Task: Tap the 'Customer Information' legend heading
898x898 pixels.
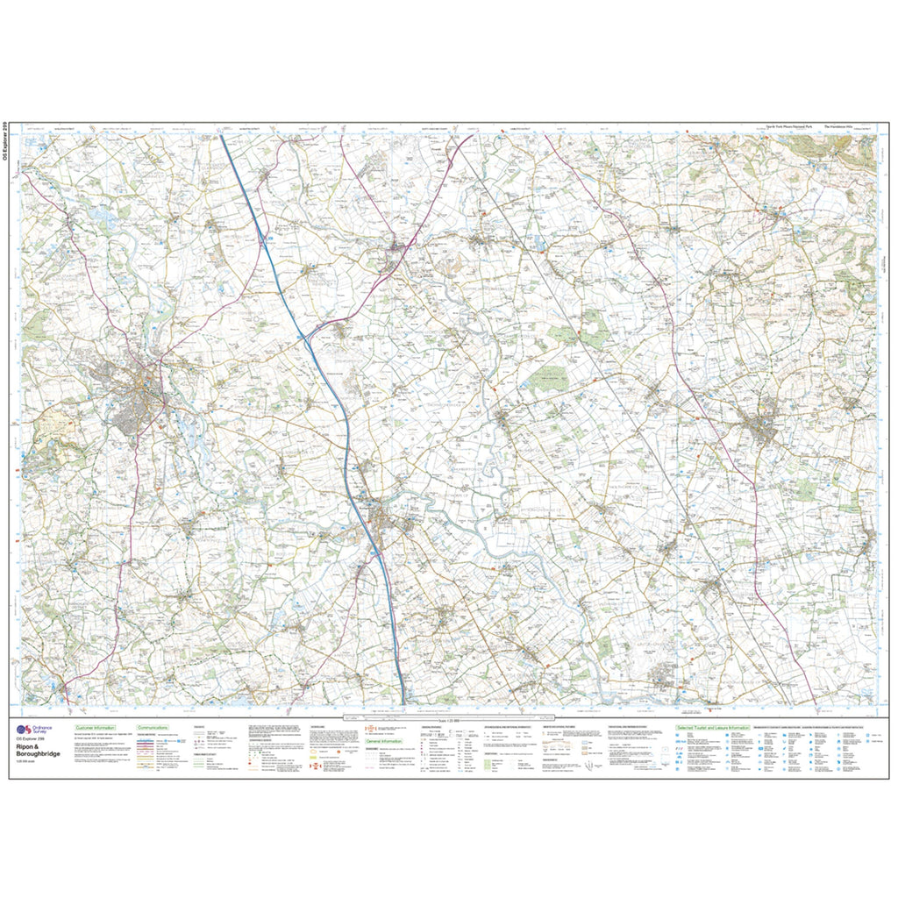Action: [x=96, y=728]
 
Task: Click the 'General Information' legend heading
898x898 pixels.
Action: [x=385, y=742]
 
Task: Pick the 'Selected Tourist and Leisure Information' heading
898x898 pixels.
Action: [x=713, y=728]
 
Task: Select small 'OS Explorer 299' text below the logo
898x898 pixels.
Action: [x=31, y=742]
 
